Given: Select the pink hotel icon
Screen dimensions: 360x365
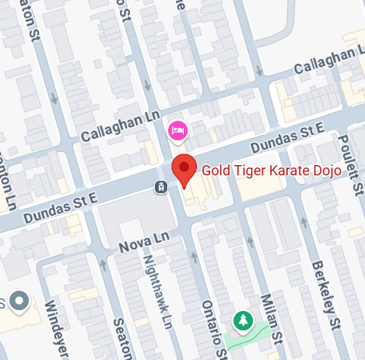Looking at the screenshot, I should pos(178,129).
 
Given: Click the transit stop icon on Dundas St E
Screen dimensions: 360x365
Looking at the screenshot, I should pos(160,186).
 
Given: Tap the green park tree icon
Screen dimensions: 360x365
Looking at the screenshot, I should pos(244,319).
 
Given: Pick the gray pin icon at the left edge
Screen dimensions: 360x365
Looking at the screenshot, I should pos(17,299).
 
